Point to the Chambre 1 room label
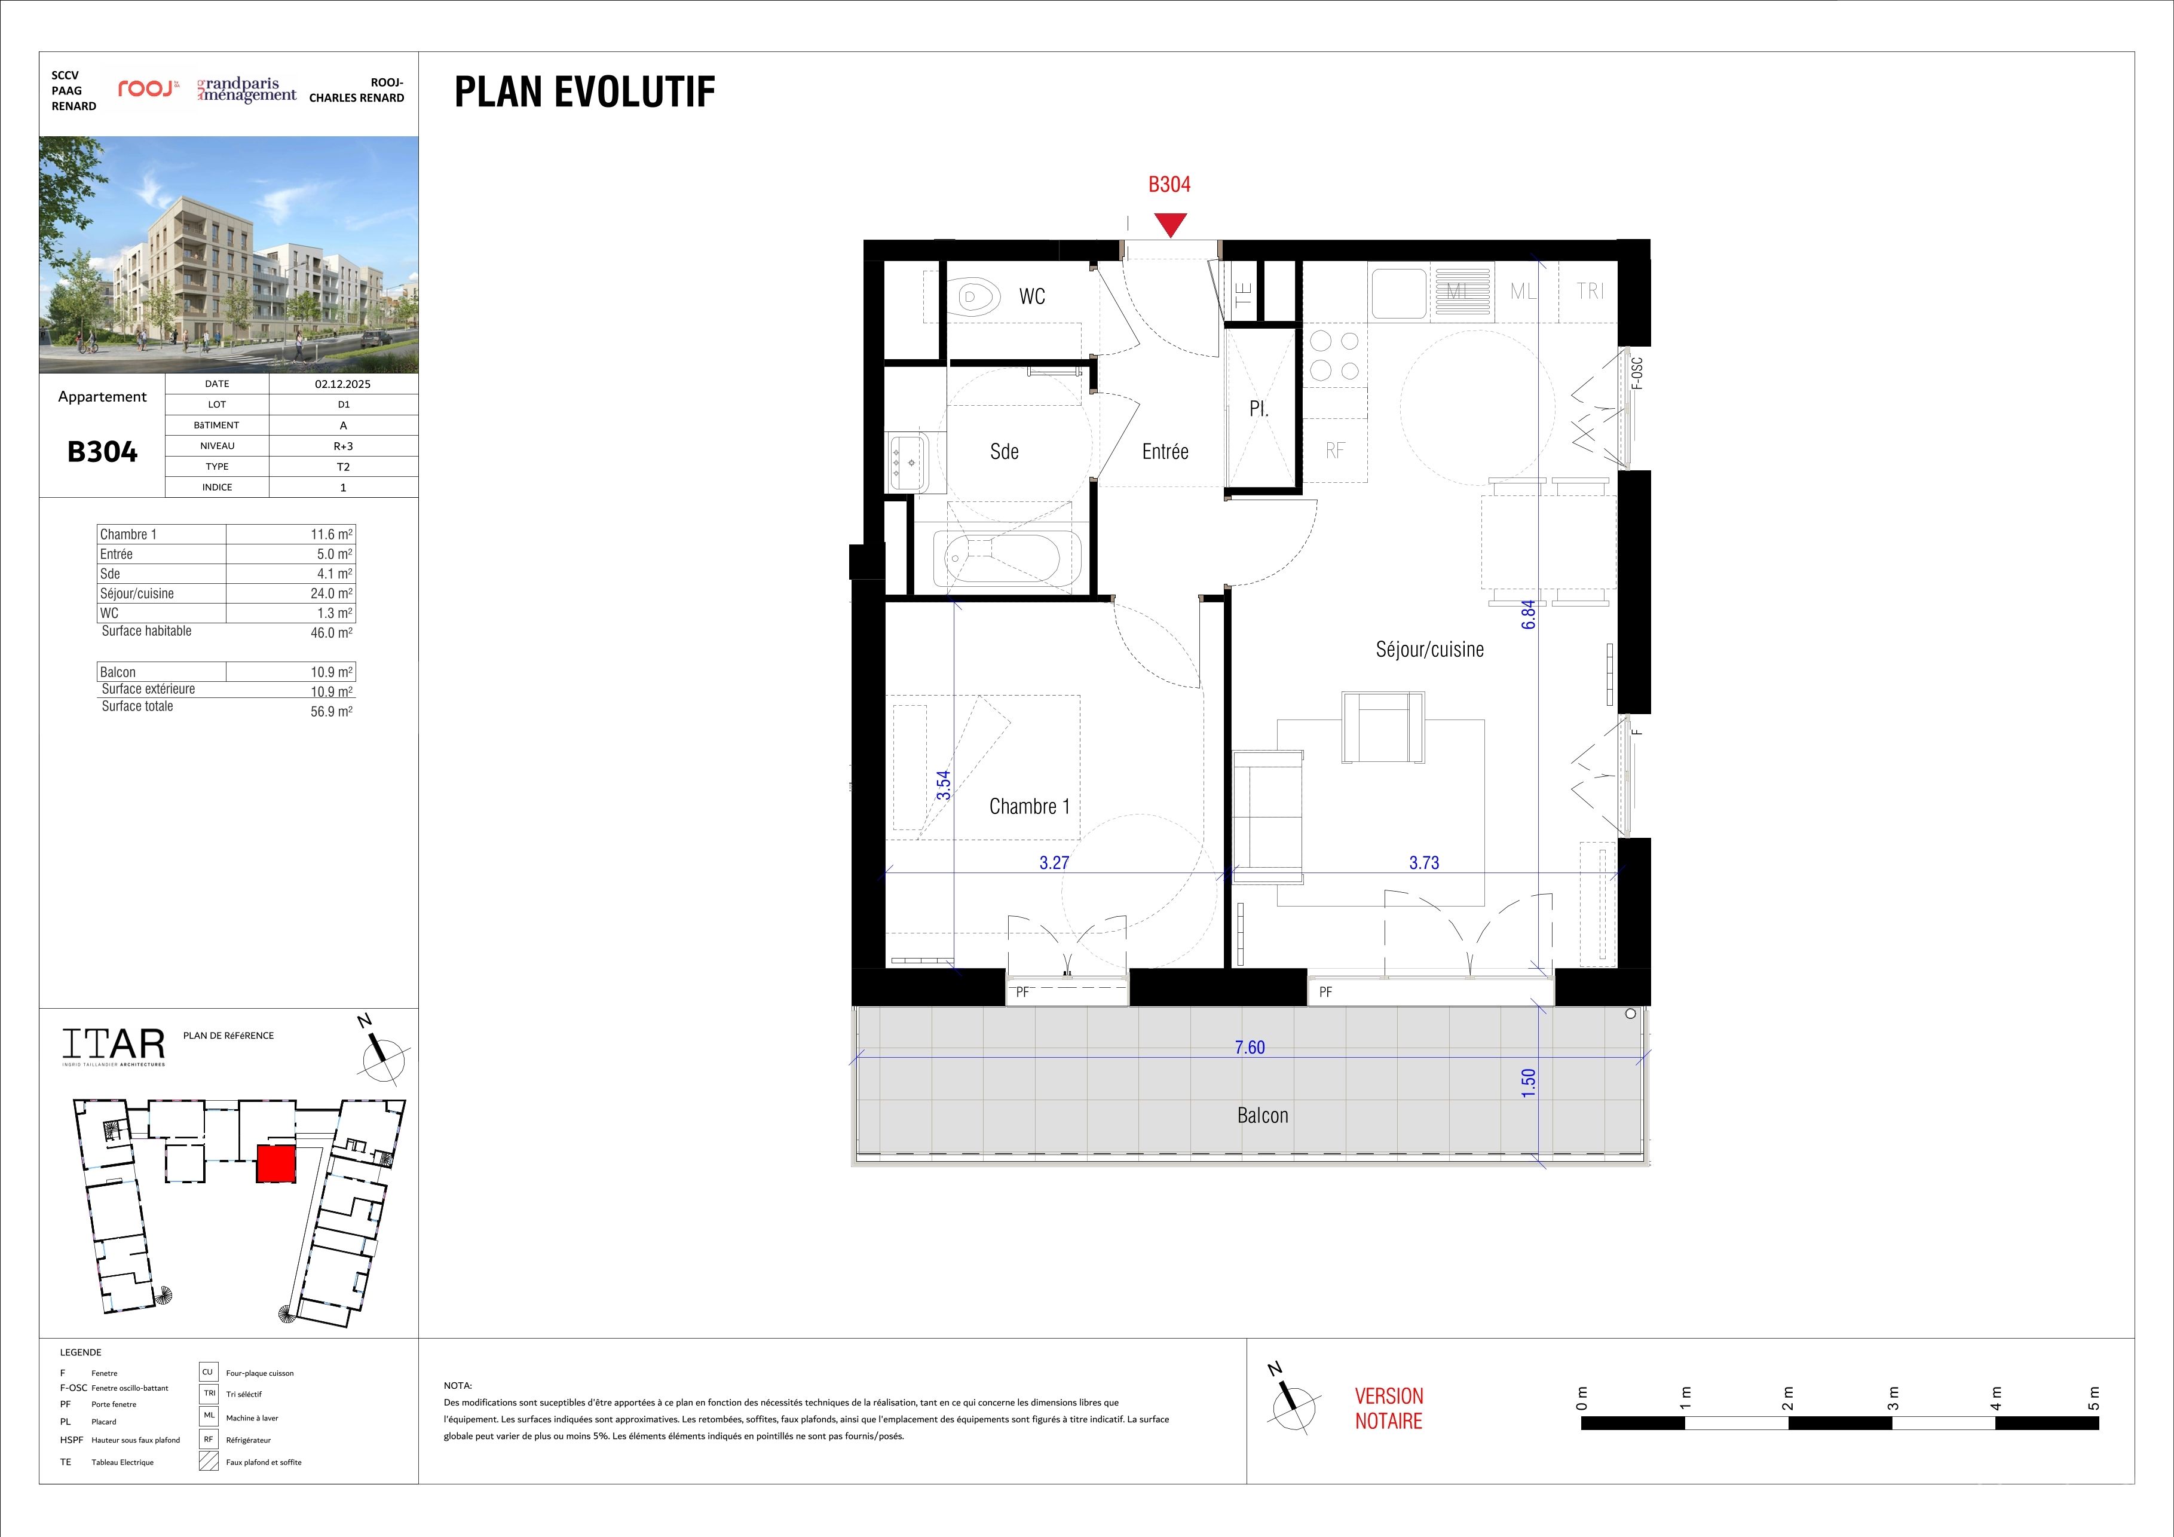(1029, 806)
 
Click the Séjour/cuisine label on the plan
(1430, 649)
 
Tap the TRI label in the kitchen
(1591, 291)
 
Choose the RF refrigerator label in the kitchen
(1335, 451)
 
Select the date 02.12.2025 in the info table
(343, 384)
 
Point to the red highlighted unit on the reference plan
(275, 1163)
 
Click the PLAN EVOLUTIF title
(585, 92)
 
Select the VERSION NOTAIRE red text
(1389, 1408)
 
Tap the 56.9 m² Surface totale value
(332, 711)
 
